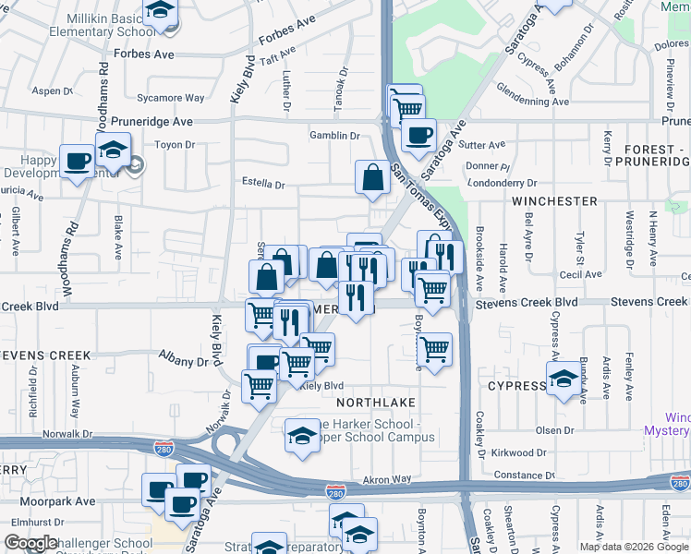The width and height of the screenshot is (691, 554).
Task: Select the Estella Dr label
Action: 263,184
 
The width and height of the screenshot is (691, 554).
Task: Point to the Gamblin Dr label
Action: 334,136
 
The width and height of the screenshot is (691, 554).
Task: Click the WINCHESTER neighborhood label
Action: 555,200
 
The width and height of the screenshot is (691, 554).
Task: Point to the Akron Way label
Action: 386,480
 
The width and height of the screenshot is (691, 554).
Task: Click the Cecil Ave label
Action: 580,274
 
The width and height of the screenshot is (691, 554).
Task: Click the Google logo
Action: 30,543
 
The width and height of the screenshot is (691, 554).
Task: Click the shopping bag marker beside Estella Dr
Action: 372,177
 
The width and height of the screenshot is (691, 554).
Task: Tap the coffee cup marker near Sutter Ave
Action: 418,135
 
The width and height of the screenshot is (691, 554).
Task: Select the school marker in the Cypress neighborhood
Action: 563,379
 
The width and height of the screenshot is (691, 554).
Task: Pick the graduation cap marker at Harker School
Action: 301,434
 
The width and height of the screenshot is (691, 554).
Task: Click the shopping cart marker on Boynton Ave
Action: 433,350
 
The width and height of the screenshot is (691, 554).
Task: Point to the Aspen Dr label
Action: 53,90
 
